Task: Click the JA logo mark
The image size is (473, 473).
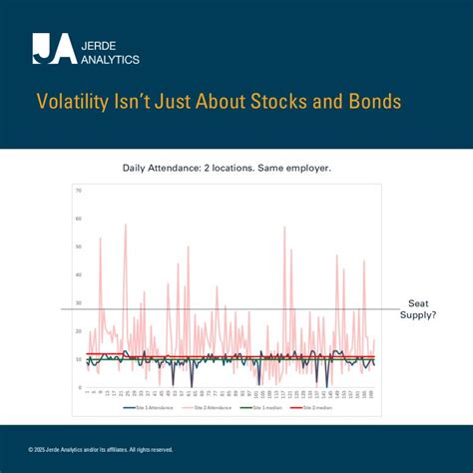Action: click(x=54, y=48)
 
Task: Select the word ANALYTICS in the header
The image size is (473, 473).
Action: click(x=111, y=58)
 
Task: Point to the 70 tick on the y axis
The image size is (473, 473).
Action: click(x=78, y=190)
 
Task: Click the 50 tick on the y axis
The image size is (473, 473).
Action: click(x=78, y=246)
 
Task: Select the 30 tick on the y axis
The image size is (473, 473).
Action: click(x=78, y=302)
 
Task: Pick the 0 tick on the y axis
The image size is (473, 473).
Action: click(x=79, y=387)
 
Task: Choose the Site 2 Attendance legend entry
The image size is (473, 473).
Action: click(x=208, y=407)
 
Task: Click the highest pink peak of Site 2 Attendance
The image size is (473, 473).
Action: click(x=126, y=226)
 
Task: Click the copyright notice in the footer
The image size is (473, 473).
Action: click(x=101, y=449)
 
